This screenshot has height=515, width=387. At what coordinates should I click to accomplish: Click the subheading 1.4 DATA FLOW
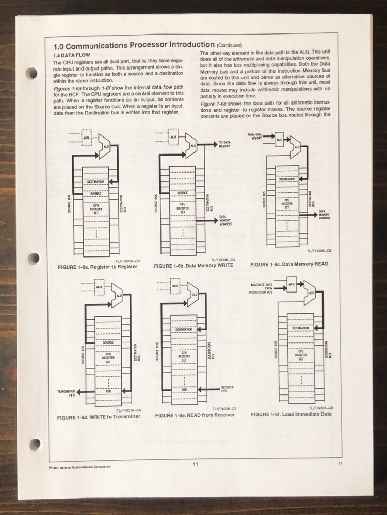[71, 54]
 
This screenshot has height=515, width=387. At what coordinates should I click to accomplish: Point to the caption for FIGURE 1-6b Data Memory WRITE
[193, 265]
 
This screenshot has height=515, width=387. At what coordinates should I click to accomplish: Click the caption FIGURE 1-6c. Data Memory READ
[289, 264]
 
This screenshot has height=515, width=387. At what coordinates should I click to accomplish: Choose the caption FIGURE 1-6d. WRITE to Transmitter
[99, 416]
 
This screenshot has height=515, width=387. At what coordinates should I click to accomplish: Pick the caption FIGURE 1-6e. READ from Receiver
[195, 415]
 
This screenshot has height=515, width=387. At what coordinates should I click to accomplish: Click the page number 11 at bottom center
[196, 464]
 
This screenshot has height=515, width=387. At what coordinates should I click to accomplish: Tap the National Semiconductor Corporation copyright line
[77, 466]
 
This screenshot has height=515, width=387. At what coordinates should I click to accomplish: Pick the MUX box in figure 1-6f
[291, 283]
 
